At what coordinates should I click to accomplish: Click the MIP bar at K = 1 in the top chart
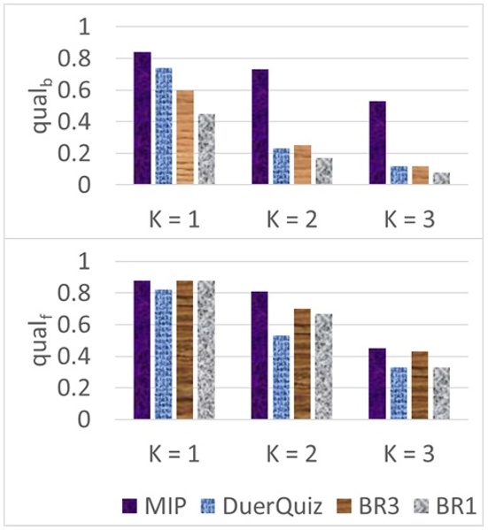click(143, 119)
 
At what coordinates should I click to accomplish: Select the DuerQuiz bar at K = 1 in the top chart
click(164, 127)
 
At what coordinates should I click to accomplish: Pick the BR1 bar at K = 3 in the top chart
click(441, 179)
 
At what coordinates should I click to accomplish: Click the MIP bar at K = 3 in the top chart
click(377, 143)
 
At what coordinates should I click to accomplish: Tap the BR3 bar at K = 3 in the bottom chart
click(420, 384)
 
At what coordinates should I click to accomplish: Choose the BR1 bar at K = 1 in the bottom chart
click(206, 349)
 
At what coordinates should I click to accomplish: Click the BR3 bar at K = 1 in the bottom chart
click(185, 349)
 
